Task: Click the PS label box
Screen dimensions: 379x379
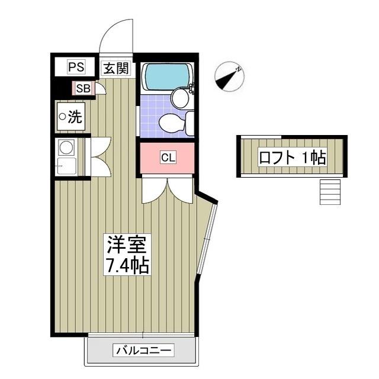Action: pos(76,67)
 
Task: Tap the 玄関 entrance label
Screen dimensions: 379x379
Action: pos(116,68)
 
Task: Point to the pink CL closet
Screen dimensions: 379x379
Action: pos(168,158)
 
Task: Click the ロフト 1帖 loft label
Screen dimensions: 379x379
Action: pos(292,157)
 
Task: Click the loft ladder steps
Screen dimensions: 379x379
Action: pos(330,191)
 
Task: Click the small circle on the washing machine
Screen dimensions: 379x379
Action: pos(62,117)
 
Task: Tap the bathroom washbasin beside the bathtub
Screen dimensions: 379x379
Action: pos(180,97)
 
